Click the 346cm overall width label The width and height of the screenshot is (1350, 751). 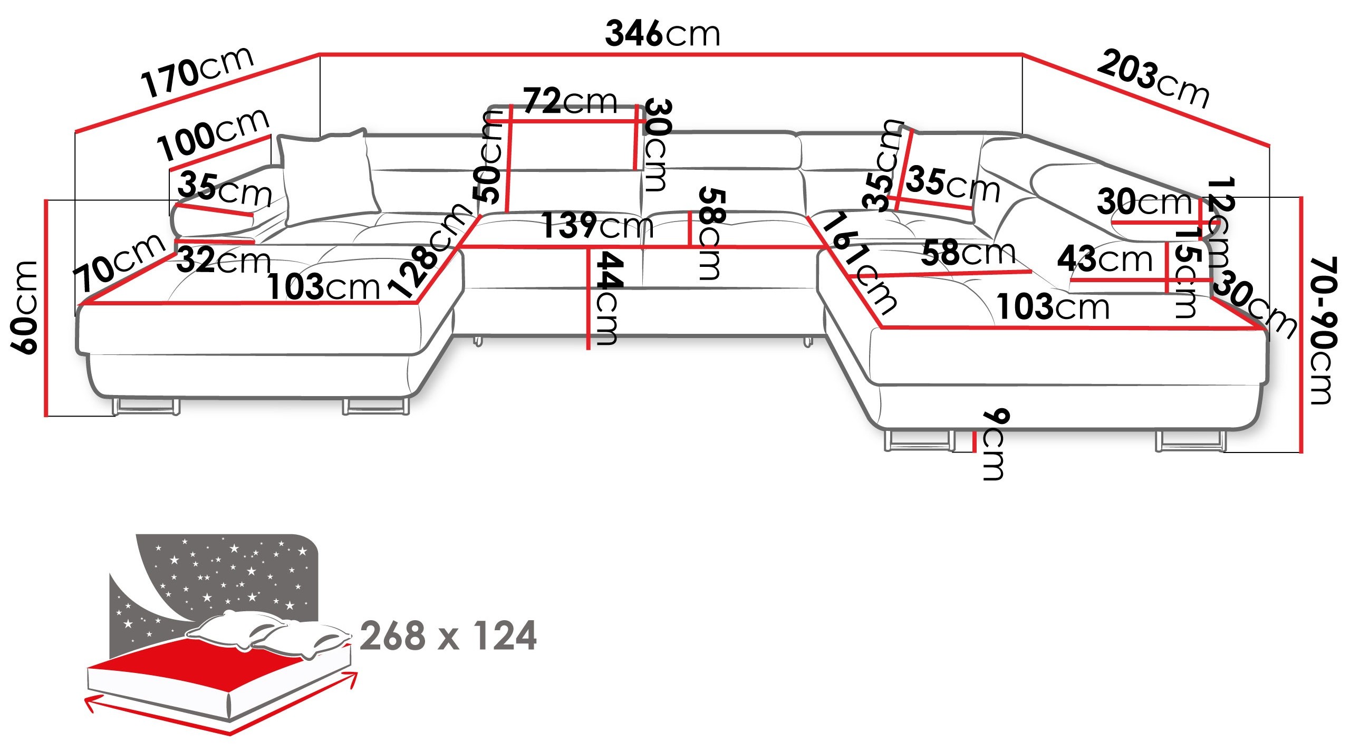(x=662, y=34)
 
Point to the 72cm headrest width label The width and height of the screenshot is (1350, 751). (x=570, y=101)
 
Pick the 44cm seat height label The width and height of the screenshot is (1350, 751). (x=607, y=298)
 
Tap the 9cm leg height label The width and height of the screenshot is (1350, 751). (x=995, y=444)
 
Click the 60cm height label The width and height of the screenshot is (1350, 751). (x=24, y=307)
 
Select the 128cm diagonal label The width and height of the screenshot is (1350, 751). (x=429, y=250)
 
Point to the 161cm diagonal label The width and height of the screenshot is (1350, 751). (x=858, y=263)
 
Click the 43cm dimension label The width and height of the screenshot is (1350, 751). (x=1105, y=258)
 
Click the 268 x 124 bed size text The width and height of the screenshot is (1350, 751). (x=448, y=636)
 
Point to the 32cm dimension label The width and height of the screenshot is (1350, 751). (x=224, y=260)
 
